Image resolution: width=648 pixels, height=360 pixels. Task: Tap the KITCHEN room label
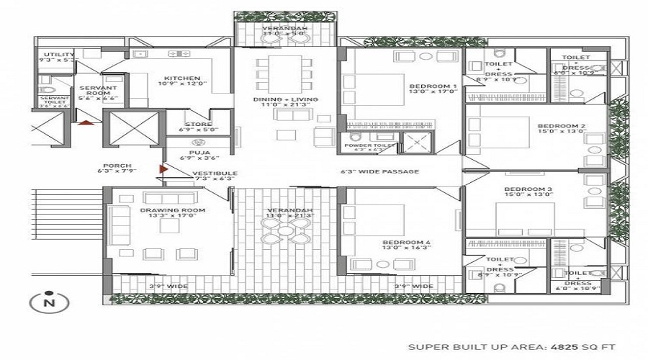pyautogui.click(x=178, y=79)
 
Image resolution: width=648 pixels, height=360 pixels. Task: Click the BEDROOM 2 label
pyautogui.click(x=562, y=127)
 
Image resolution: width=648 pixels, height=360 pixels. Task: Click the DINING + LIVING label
pyautogui.click(x=285, y=99)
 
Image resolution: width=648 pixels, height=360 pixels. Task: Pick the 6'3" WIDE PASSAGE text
pyautogui.click(x=379, y=171)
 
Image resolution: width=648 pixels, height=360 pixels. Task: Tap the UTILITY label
pyautogui.click(x=58, y=55)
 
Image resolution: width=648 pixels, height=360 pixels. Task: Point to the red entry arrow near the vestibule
pyautogui.click(x=163, y=170)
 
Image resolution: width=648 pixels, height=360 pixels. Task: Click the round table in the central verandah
pyautogui.click(x=286, y=232)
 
